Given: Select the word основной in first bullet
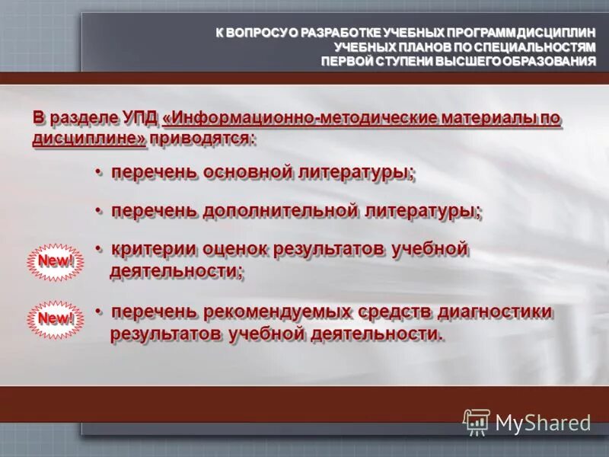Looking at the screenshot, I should [251, 173].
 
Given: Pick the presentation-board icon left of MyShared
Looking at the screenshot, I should [477, 422].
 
